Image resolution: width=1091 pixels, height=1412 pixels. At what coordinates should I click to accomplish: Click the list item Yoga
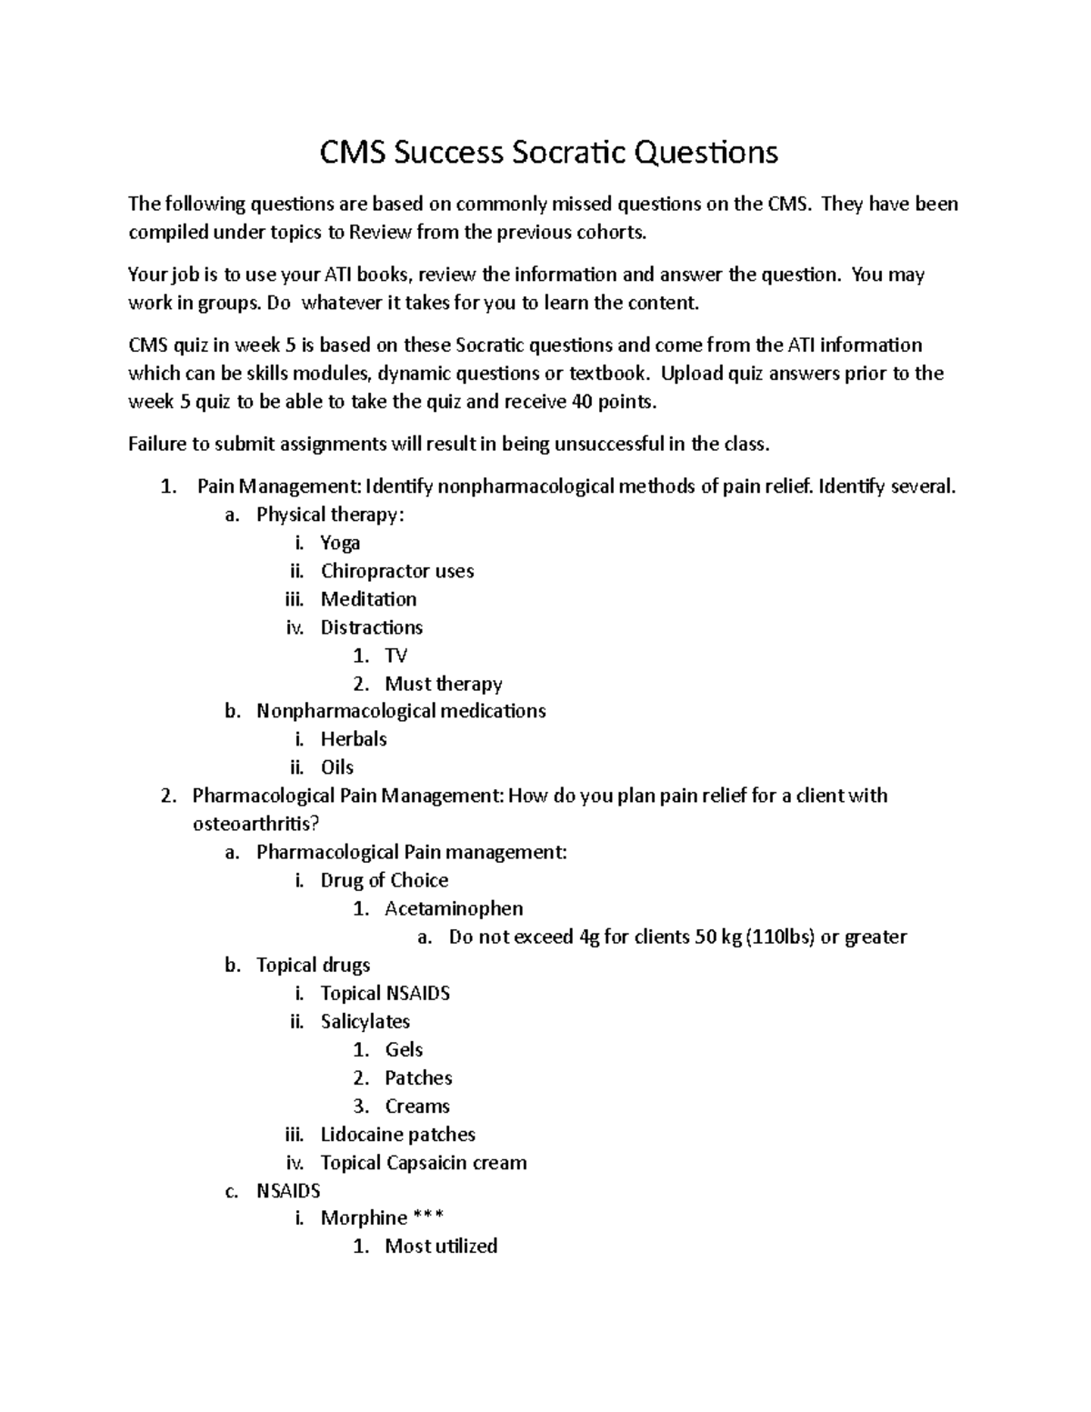click(x=340, y=543)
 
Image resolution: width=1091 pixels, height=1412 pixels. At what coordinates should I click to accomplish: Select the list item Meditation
click(x=368, y=599)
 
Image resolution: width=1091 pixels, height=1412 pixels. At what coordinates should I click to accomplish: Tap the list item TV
click(x=395, y=656)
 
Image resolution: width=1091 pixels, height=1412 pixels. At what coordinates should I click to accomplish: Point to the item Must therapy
click(x=443, y=684)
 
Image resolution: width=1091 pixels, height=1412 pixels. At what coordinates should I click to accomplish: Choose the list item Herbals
click(x=354, y=739)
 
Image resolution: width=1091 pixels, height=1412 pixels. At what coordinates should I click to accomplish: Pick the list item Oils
click(x=337, y=767)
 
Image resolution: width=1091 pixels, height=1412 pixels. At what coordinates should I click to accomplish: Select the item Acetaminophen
click(x=454, y=908)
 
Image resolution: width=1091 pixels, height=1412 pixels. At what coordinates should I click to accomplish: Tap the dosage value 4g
click(x=588, y=936)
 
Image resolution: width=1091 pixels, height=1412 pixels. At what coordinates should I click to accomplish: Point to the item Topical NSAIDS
click(x=385, y=993)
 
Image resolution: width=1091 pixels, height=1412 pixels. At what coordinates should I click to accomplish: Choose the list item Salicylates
click(x=365, y=1021)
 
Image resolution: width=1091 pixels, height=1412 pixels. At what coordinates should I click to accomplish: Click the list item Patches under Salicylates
click(x=418, y=1077)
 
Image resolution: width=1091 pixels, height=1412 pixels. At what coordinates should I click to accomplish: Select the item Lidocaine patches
click(x=397, y=1134)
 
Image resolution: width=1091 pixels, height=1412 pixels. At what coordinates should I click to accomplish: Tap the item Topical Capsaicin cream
click(x=424, y=1162)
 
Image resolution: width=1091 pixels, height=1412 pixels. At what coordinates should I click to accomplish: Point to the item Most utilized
click(x=441, y=1246)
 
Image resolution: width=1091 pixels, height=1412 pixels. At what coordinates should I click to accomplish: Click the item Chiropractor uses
click(x=397, y=571)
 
